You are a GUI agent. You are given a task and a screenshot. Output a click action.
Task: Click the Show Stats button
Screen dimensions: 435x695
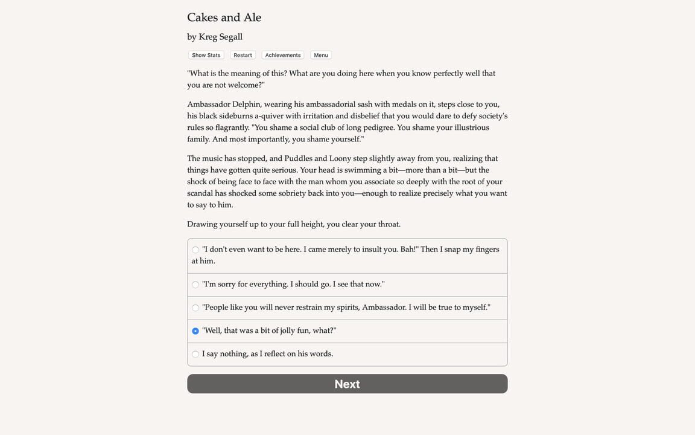point(206,55)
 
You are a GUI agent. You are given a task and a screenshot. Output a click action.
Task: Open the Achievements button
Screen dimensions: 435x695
point(282,55)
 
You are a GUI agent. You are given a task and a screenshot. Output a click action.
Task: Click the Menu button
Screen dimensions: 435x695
point(321,55)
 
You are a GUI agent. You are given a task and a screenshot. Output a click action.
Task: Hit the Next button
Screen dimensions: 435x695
point(347,384)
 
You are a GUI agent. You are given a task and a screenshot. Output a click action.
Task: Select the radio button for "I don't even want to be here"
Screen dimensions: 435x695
point(195,250)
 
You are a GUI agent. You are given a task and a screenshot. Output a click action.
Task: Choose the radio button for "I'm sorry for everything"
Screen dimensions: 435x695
point(195,285)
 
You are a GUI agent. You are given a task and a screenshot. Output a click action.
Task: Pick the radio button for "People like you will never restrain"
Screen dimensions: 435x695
point(195,308)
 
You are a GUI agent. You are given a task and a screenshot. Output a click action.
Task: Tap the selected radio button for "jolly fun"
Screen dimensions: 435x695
point(195,331)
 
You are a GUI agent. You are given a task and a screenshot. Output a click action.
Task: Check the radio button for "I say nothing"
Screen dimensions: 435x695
point(195,354)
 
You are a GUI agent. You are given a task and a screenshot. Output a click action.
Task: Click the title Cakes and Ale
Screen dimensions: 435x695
point(224,18)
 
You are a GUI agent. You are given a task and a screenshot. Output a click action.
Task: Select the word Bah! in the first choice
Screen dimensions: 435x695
point(409,250)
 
